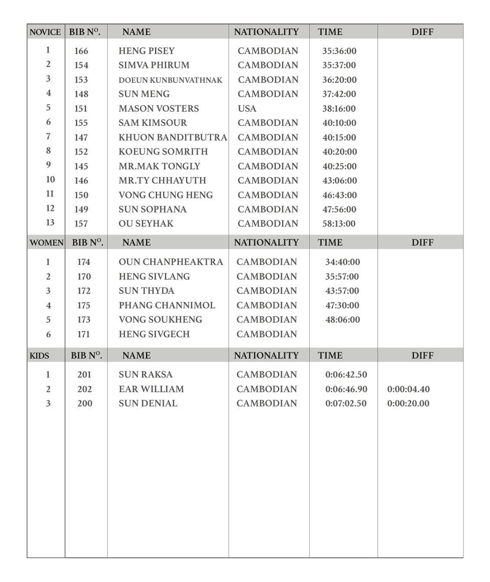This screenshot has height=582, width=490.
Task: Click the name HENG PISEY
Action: point(147,51)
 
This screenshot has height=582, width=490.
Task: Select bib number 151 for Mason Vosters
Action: point(81,108)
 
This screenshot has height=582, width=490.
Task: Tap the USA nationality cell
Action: point(247,108)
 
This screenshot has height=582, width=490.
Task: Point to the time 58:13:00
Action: point(339,224)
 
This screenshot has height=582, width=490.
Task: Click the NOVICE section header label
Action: point(45,32)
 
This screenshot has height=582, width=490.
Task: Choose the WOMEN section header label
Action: point(46,243)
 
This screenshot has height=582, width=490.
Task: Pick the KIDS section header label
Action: point(39,356)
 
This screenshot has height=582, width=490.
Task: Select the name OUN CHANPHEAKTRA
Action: point(171,262)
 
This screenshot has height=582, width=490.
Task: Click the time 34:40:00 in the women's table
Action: point(343,262)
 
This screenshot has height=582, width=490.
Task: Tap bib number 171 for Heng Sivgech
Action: point(84,334)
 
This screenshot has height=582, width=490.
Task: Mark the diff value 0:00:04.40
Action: point(408,389)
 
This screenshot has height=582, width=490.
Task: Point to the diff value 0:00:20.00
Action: point(408,403)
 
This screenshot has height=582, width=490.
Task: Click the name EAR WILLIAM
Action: point(151,389)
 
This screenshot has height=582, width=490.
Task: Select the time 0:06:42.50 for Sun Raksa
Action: point(346,375)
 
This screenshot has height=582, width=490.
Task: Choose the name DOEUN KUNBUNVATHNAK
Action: point(170,80)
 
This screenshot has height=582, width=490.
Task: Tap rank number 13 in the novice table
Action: point(50,222)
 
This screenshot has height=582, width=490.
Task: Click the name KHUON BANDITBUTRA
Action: point(173,137)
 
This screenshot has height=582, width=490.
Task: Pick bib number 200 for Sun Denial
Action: point(85,403)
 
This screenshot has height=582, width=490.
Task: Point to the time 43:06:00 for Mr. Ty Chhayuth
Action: point(340,180)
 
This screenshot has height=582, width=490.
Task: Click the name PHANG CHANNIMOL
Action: point(167,305)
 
